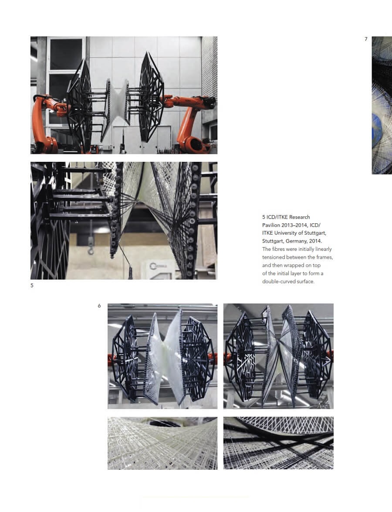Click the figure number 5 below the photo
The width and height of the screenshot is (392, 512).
click(x=32, y=286)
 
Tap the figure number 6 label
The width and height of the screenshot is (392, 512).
click(x=99, y=306)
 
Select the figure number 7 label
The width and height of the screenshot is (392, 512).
click(x=366, y=39)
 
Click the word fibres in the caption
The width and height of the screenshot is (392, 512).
click(x=280, y=249)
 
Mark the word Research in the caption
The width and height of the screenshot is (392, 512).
click(x=300, y=217)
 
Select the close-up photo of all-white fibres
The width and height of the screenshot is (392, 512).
click(x=162, y=443)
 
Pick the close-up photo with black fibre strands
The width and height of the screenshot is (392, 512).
click(x=278, y=443)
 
